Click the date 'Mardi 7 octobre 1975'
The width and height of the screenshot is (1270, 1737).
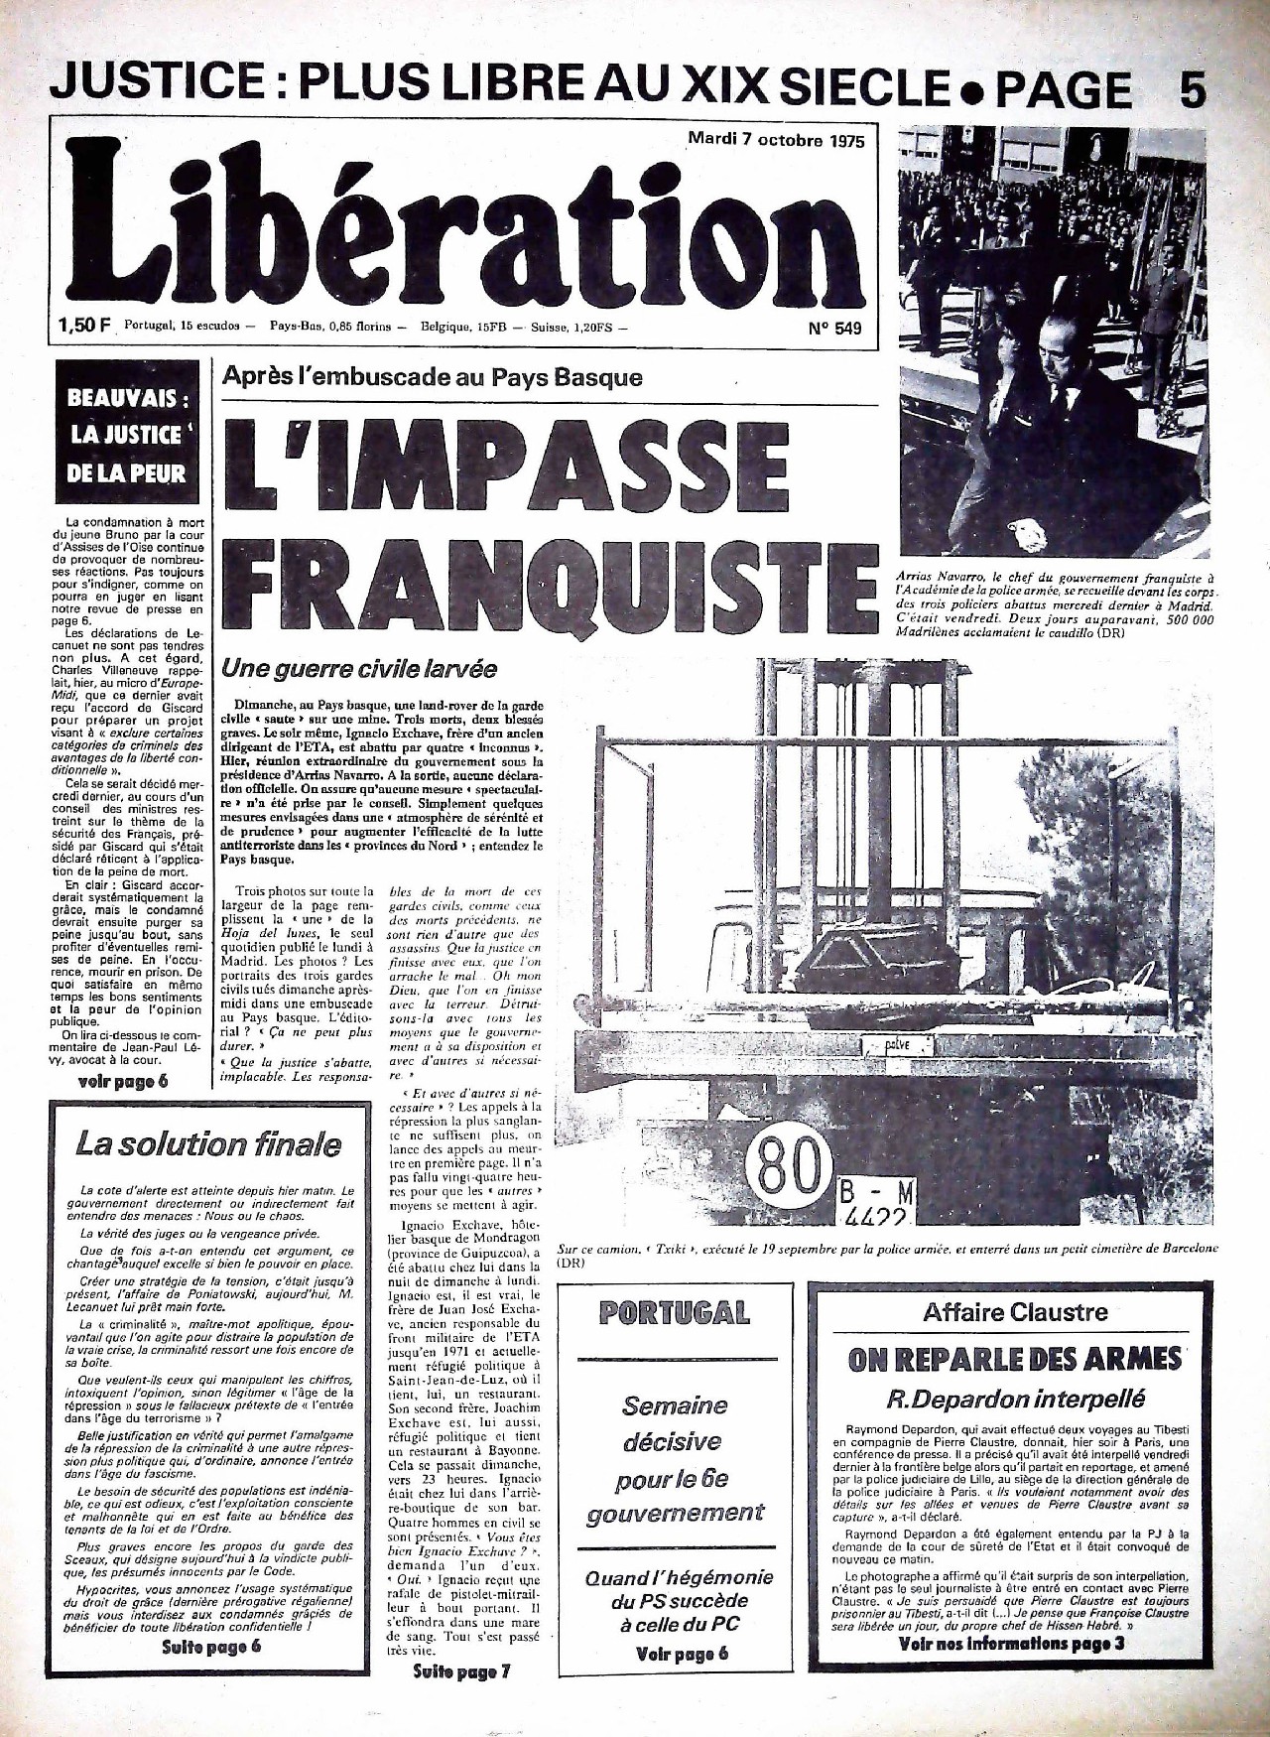777,140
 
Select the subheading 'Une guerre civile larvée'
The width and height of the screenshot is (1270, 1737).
359,668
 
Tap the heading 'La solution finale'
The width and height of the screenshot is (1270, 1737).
208,1144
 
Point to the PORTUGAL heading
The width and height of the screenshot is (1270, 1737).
675,1313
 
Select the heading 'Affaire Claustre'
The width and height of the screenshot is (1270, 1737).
1015,1312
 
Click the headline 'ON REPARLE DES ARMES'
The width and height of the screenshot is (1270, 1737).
1015,1360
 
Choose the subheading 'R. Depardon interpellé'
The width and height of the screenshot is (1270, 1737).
1015,1400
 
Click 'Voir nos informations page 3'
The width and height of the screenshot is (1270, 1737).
1012,1644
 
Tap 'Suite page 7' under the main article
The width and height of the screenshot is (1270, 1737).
461,1671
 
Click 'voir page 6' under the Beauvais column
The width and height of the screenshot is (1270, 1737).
123,1081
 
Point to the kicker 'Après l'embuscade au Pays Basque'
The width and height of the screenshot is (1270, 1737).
432,377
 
